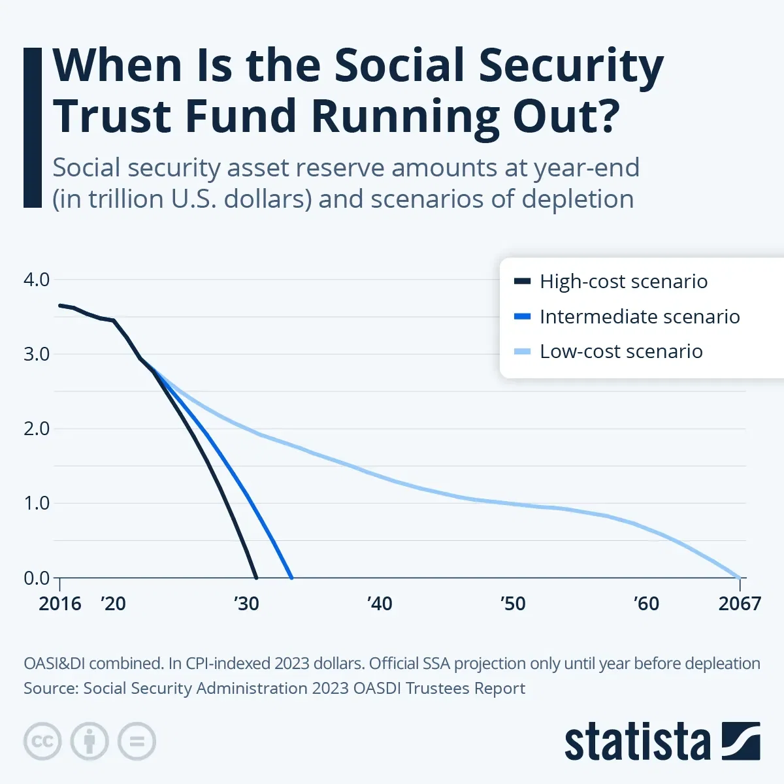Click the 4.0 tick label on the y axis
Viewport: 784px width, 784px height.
pos(37,280)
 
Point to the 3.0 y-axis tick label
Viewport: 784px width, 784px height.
pos(37,354)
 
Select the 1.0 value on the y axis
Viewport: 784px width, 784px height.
pos(37,503)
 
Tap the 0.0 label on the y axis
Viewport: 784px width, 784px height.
pos(37,578)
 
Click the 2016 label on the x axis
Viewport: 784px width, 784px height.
pos(59,604)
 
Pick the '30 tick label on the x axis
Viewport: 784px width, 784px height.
pos(246,604)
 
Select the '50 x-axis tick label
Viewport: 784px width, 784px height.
pos(513,604)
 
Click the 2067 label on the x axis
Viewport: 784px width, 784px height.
pos(740,604)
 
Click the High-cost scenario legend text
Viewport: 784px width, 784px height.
pos(623,282)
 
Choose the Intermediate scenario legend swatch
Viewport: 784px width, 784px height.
pos(523,317)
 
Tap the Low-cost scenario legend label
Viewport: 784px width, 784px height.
pos(621,351)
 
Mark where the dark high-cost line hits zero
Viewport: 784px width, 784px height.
pos(256,578)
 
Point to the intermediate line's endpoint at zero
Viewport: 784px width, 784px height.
pos(291,578)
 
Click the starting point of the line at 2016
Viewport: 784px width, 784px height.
pos(59,305)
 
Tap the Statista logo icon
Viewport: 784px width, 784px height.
pos(740,741)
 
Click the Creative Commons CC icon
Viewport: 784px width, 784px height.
pos(42,742)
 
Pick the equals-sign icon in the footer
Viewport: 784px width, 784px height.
pos(137,742)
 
